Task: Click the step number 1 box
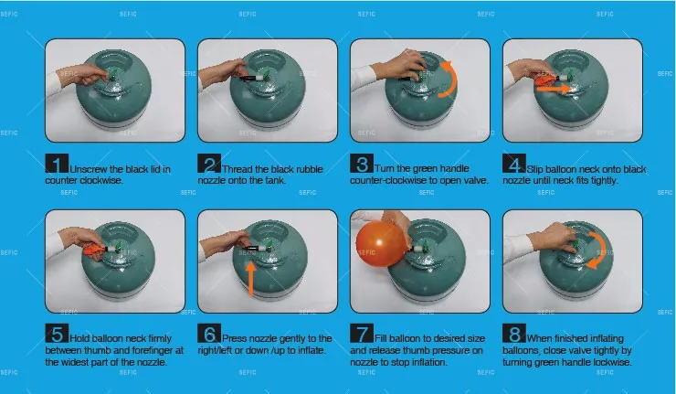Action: coord(57,164)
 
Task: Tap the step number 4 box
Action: coord(514,164)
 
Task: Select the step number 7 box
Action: coord(362,333)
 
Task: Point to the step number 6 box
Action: coord(209,333)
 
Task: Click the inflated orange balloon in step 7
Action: coord(381,244)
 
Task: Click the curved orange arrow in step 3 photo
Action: coord(452,80)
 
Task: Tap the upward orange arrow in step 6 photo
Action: coord(251,279)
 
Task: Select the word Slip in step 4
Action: coord(534,169)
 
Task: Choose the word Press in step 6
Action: coord(235,339)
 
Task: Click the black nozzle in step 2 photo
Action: coord(251,79)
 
